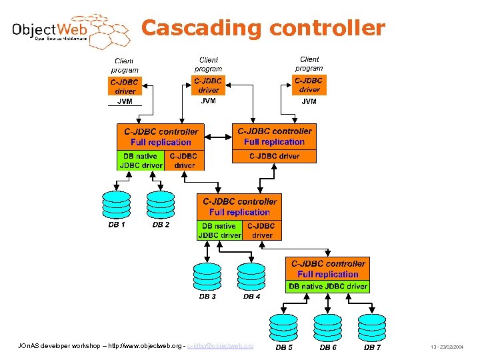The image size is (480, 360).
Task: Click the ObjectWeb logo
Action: click(x=67, y=30)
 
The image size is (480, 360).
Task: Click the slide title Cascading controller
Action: click(x=263, y=28)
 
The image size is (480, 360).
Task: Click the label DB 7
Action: click(x=372, y=347)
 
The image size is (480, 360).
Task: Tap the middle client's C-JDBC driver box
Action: click(x=209, y=85)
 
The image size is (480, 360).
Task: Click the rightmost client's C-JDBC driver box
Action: click(x=309, y=85)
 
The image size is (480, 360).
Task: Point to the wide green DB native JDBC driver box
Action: click(x=328, y=287)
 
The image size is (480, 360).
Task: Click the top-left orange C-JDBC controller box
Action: click(x=161, y=137)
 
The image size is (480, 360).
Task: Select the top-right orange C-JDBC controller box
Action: click(x=274, y=137)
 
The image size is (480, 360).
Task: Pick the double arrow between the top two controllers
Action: click(x=218, y=137)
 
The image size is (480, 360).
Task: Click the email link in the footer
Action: click(x=220, y=346)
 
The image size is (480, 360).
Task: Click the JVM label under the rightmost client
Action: click(x=309, y=101)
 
